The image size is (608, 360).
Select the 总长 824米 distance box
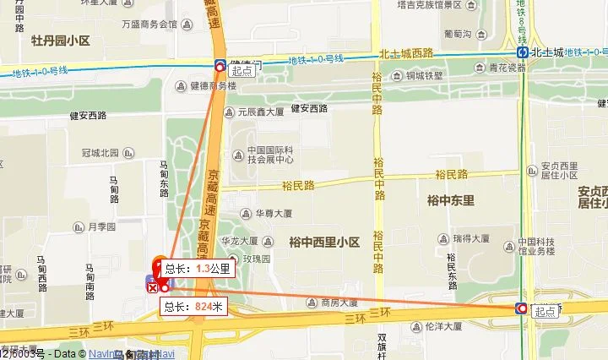(x=193, y=307)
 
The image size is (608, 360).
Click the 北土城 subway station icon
(x=524, y=51)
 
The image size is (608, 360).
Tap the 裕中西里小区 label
(x=324, y=243)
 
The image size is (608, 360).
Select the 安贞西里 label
(x=558, y=166)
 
